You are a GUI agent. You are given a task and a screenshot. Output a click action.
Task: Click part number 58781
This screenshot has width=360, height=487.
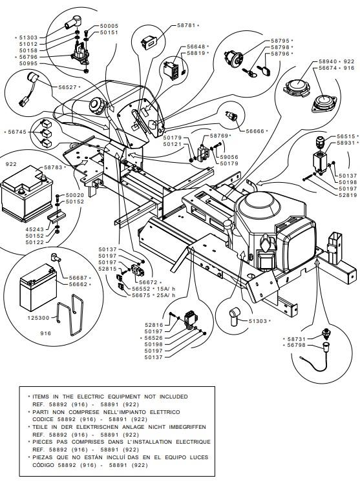(186, 25)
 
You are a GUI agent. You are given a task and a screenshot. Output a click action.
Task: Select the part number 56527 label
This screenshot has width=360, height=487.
(67, 87)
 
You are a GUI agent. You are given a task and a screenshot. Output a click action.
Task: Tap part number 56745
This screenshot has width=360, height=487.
(17, 132)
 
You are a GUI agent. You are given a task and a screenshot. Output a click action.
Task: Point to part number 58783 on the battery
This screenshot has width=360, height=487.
(53, 167)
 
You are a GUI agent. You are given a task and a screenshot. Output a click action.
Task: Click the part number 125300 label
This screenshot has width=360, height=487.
(39, 318)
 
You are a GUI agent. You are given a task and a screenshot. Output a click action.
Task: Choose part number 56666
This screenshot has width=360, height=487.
(255, 131)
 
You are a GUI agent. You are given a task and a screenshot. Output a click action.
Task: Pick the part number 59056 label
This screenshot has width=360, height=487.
(229, 157)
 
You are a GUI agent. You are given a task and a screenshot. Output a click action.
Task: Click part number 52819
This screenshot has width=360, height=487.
(348, 195)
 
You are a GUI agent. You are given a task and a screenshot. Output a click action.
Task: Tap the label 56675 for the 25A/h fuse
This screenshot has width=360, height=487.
(141, 295)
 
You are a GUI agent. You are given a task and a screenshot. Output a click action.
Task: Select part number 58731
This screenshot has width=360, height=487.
(297, 339)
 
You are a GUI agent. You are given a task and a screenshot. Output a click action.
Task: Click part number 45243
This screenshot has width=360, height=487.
(35, 229)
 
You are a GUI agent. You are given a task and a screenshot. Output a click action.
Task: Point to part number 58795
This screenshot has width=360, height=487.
(280, 41)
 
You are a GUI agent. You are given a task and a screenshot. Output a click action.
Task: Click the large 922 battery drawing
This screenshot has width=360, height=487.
(26, 194)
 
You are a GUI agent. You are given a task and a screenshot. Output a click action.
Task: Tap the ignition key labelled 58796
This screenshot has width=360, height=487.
(266, 69)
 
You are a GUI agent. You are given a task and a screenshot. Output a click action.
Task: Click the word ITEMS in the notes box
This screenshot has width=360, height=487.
(41, 397)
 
